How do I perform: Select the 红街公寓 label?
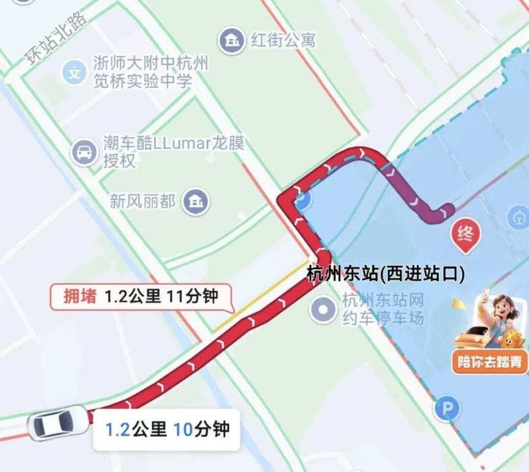pos(283,40)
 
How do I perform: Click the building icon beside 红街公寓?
pos(232,41)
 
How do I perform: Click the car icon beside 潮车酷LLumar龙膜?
pos(85,151)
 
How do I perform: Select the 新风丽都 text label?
pos(142,202)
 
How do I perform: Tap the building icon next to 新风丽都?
pos(196,202)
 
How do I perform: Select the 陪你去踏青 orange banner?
pos(490,362)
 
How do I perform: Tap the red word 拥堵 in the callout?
pos(78,297)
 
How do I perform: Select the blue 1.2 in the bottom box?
pos(117,429)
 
